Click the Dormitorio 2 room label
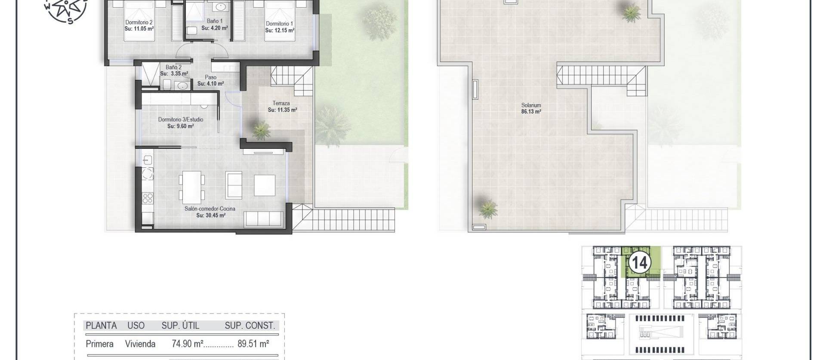[x=139, y=22]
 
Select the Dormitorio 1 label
[x=279, y=24]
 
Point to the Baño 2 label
[x=173, y=67]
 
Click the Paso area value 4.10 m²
[x=210, y=84]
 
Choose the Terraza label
[x=281, y=103]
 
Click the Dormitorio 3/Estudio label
[x=180, y=120]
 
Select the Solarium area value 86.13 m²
[x=531, y=111]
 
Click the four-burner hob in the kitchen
[x=148, y=198]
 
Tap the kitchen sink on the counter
[x=147, y=160]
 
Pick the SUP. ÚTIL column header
[x=180, y=326]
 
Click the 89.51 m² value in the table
[x=253, y=344]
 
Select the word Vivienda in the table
[x=140, y=344]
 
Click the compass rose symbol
[x=66, y=8]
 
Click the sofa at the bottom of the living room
[x=263, y=219]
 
